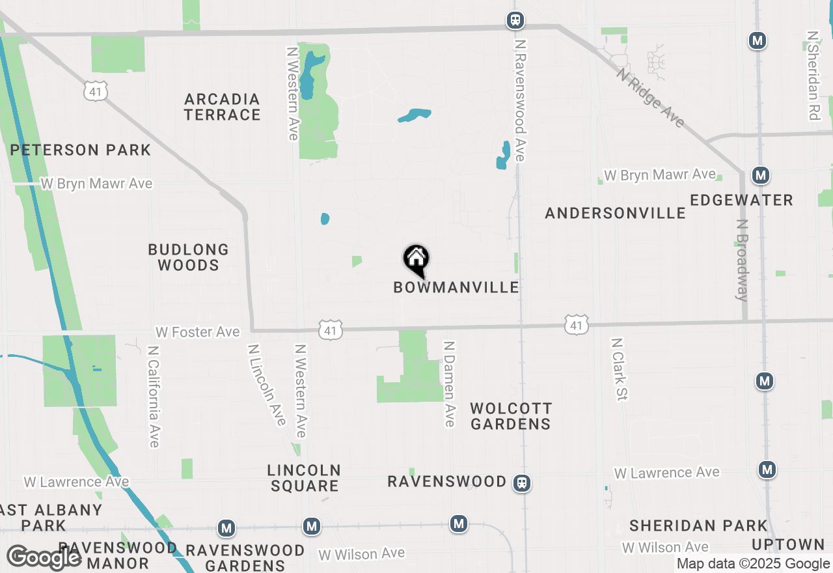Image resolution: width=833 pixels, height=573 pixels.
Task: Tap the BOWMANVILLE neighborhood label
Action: [x=456, y=287]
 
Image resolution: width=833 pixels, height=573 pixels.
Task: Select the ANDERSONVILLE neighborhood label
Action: [x=615, y=213]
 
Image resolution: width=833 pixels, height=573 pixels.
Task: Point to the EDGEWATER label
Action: [x=741, y=200]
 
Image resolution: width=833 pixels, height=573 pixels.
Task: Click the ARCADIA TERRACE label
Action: [x=222, y=107]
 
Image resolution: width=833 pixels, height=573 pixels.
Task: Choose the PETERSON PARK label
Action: [x=81, y=150]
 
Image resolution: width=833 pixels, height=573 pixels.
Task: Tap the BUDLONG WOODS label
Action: [x=188, y=257]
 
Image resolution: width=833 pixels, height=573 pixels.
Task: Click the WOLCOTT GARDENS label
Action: [x=511, y=416]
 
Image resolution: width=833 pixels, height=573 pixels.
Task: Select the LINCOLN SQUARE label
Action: [x=305, y=478]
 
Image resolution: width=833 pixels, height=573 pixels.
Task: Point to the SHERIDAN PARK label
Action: [x=698, y=525]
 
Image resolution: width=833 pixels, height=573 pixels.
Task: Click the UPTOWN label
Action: [x=788, y=544]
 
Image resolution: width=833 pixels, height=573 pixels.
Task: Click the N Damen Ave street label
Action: [x=448, y=384]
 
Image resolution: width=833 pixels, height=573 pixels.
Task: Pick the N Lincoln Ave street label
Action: [x=267, y=384]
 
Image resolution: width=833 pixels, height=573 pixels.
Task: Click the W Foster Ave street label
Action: [x=197, y=332]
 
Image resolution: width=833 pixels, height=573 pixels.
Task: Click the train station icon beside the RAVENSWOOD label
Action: [x=521, y=483]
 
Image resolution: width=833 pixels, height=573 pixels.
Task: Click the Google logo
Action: [x=44, y=558]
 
